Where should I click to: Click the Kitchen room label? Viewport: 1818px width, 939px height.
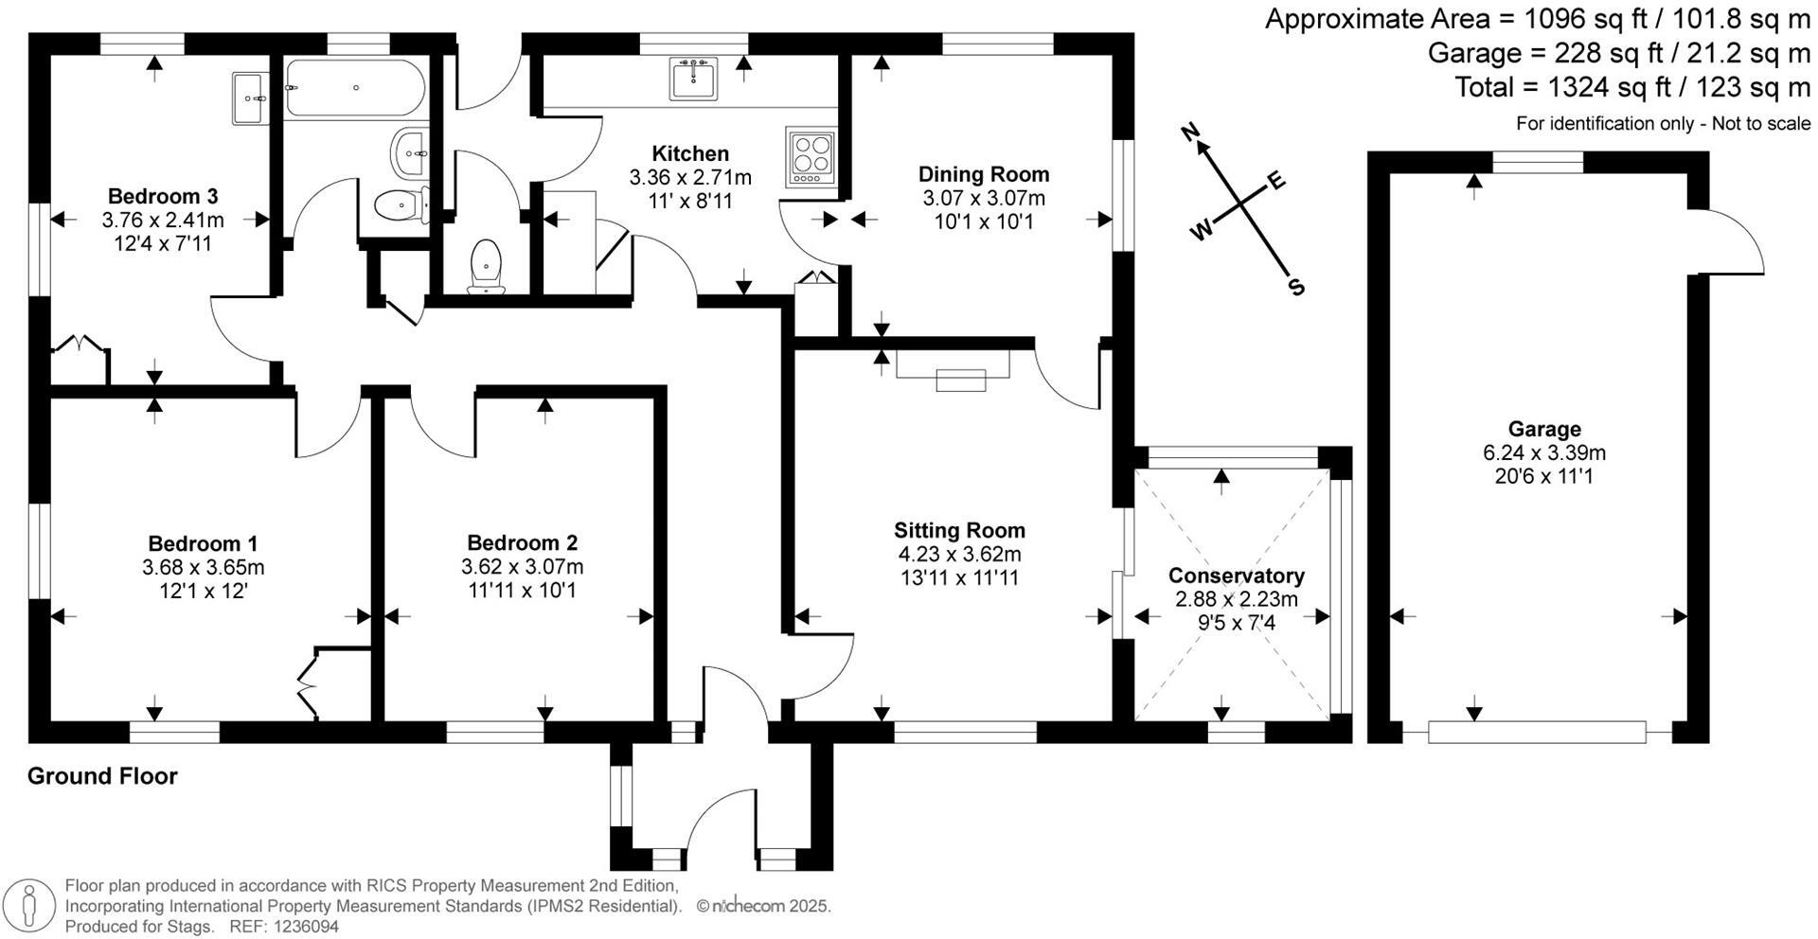[x=690, y=153]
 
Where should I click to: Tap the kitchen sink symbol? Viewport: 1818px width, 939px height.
[x=694, y=78]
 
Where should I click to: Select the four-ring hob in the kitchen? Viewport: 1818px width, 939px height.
[x=808, y=157]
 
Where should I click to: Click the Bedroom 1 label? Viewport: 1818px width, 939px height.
[x=203, y=543]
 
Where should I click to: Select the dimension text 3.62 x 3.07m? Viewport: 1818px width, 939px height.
[x=522, y=567]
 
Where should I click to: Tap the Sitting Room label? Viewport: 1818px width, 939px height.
[x=959, y=530]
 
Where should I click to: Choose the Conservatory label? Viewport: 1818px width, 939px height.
[x=1236, y=576]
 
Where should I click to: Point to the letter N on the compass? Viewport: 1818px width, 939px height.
[x=1193, y=131]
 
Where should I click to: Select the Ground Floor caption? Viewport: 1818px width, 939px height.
[x=102, y=776]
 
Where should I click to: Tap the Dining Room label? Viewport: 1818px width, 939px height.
[x=984, y=174]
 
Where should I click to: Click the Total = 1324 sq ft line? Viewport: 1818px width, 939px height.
[x=1631, y=88]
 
